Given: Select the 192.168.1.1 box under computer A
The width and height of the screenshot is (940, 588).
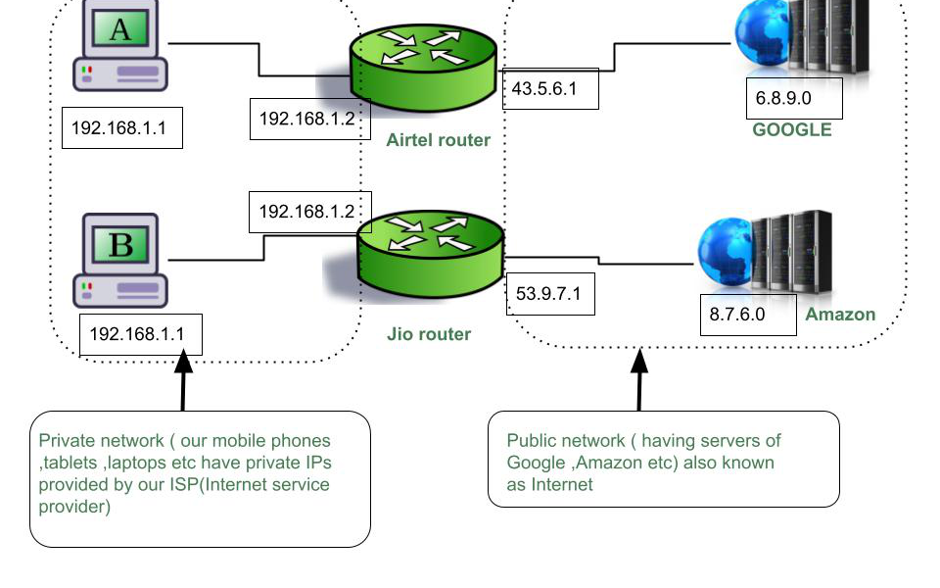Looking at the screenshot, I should coord(121,127).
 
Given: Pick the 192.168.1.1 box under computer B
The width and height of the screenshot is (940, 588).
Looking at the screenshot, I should coord(140,334).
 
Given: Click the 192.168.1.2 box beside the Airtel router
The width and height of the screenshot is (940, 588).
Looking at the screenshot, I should coord(305,119).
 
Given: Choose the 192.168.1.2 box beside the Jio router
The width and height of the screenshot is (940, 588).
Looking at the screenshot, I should coord(305,212).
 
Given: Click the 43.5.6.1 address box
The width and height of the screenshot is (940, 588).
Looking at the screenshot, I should coord(549,89).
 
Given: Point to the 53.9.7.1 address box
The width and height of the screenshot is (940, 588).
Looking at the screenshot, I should coord(550,293).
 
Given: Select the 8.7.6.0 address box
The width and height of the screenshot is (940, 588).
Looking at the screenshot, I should coord(746,315).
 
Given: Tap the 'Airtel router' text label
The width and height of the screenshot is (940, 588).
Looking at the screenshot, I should coord(438,140).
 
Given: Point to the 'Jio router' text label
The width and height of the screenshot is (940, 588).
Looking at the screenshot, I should coord(429,334).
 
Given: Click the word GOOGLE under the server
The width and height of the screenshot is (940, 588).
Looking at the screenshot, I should coord(791,130).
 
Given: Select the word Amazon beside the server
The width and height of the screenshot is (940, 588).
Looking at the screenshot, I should coord(840,315).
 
